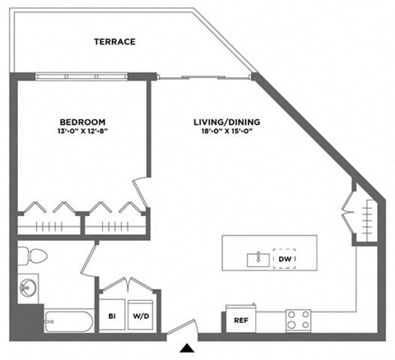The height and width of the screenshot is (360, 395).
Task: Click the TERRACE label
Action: tap(114, 42)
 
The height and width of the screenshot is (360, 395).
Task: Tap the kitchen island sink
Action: tap(258, 260)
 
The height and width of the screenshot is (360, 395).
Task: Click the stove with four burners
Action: tap(297, 319)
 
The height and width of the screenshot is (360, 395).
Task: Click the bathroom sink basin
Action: tap(27, 288)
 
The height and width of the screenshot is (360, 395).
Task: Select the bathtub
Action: tap(67, 320)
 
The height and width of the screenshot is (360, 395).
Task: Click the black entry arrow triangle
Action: tap(188, 348)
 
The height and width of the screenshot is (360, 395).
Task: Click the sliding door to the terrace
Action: tap(202, 77)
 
